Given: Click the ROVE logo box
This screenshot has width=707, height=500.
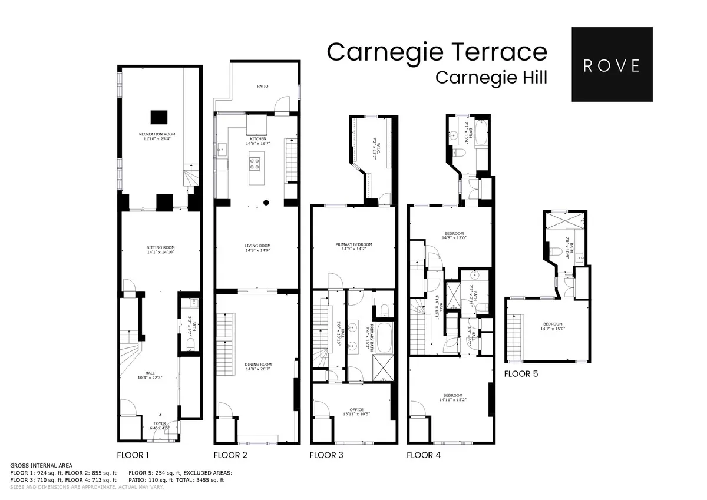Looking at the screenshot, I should (612, 64).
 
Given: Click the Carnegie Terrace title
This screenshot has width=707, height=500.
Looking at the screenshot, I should (437, 51).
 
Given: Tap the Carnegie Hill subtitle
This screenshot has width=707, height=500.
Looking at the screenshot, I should (491, 78).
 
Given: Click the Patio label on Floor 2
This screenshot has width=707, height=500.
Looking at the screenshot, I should (262, 87).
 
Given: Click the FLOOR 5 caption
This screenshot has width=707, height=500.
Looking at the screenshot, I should (521, 373).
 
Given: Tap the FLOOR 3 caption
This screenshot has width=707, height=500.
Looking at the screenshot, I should (326, 455).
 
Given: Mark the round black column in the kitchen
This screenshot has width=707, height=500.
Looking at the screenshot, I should (266, 203).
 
